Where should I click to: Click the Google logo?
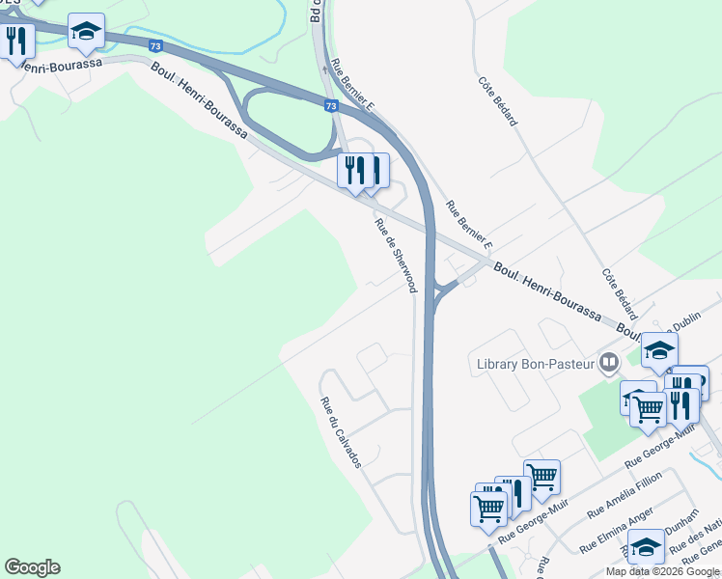(x=32, y=567)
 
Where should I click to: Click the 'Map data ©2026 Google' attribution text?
(x=663, y=571)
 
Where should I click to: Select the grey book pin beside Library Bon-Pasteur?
(x=609, y=364)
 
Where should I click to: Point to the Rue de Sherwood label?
(x=395, y=255)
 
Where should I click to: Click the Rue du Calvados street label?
(x=341, y=432)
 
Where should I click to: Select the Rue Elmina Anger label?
(x=617, y=531)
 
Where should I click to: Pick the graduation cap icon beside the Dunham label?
(x=646, y=545)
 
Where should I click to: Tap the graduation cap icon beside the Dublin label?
(x=659, y=350)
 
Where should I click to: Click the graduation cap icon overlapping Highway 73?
(x=86, y=32)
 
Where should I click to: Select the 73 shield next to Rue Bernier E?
(x=331, y=106)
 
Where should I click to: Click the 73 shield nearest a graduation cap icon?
(x=155, y=44)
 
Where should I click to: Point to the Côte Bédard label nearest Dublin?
(x=620, y=294)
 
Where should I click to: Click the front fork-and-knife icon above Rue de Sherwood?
(x=354, y=171)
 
